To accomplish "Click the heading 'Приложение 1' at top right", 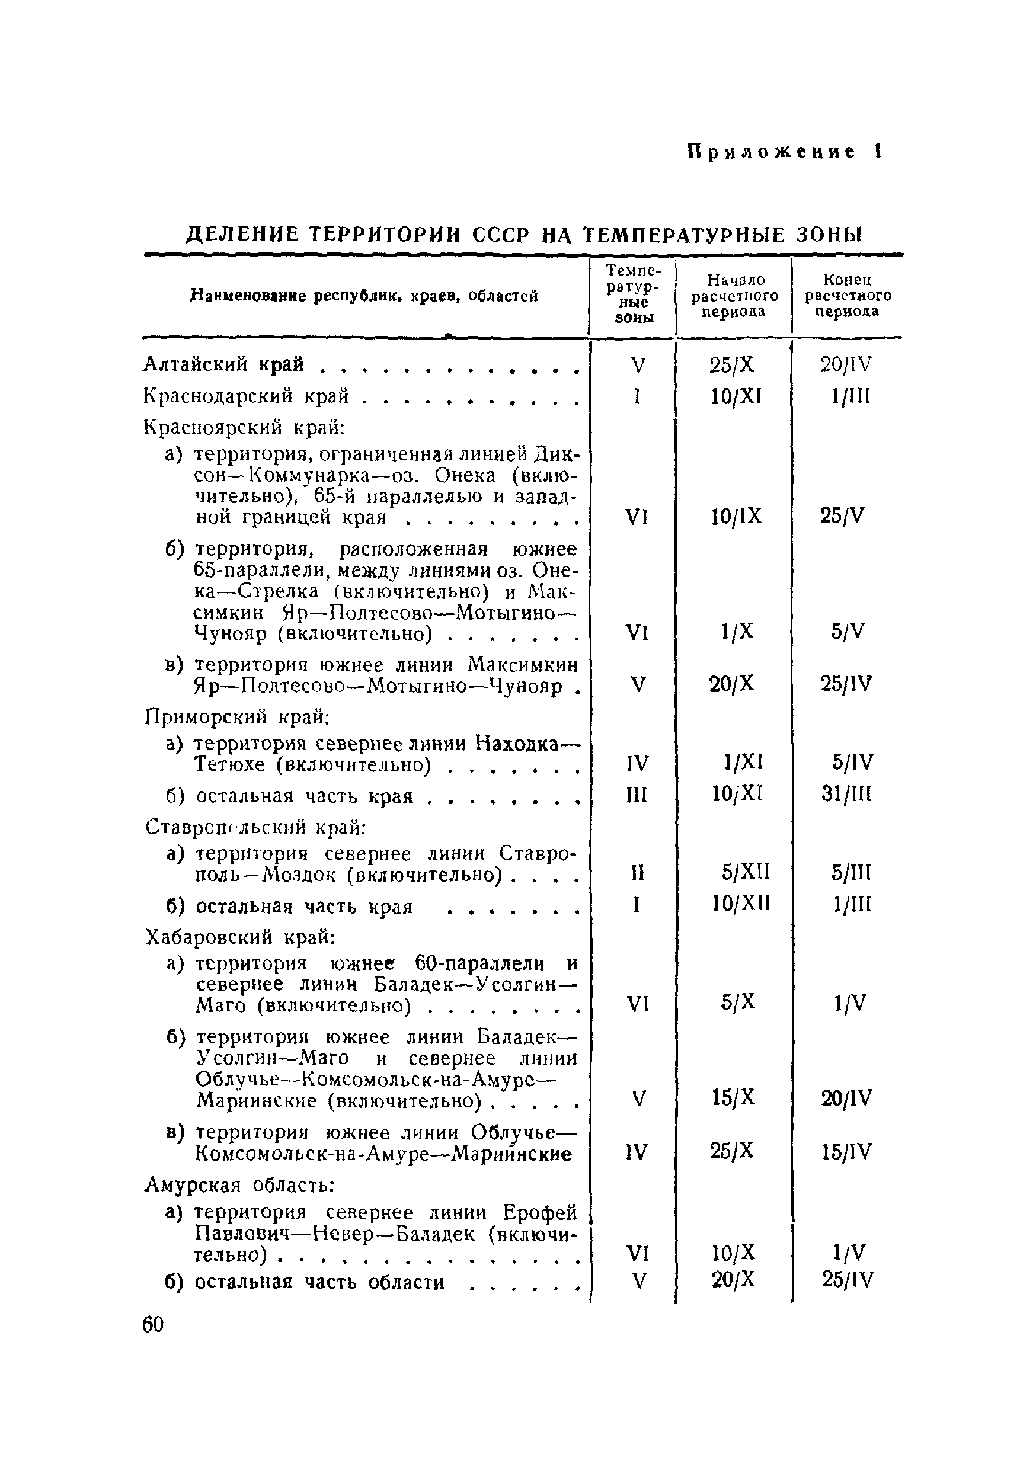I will coord(785,152).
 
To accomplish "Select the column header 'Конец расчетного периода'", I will coord(848,295).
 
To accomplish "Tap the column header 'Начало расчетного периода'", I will coord(734,295).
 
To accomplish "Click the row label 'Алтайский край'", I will coord(223,364).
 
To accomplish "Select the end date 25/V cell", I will coord(843,516).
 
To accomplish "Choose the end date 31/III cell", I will coord(846,795).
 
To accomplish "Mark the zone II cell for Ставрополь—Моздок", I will coord(637,873).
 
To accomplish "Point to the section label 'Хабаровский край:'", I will coord(240,937).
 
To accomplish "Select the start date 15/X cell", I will coord(734,1098).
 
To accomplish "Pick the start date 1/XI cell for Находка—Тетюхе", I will coord(743,763).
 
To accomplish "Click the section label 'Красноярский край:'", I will coord(245,427).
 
